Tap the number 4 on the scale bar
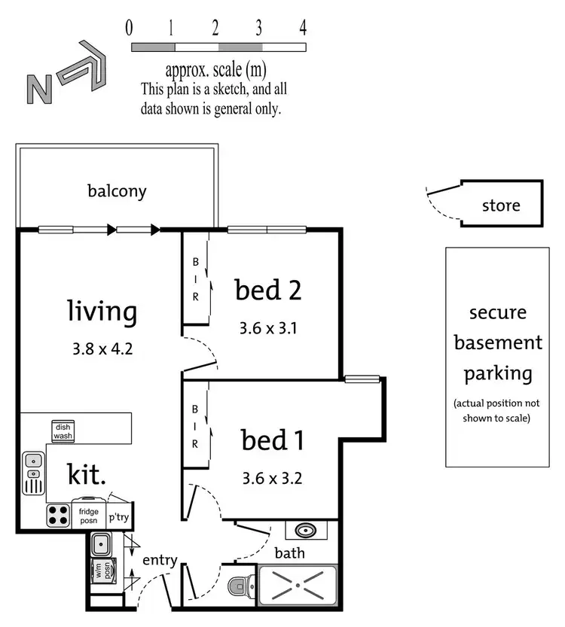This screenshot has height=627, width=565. click(303, 29)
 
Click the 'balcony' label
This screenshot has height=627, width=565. click(117, 190)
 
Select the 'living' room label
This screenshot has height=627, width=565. click(102, 310)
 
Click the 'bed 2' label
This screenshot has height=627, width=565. click(268, 290)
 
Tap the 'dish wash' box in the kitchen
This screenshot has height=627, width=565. click(63, 431)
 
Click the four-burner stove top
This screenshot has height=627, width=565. click(58, 514)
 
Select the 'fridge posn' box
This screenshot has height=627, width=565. click(89, 516)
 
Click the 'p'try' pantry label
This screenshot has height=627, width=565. click(119, 517)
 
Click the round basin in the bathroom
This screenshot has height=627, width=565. click(306, 530)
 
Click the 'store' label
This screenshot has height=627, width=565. click(501, 205)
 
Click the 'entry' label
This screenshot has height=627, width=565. click(159, 559)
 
